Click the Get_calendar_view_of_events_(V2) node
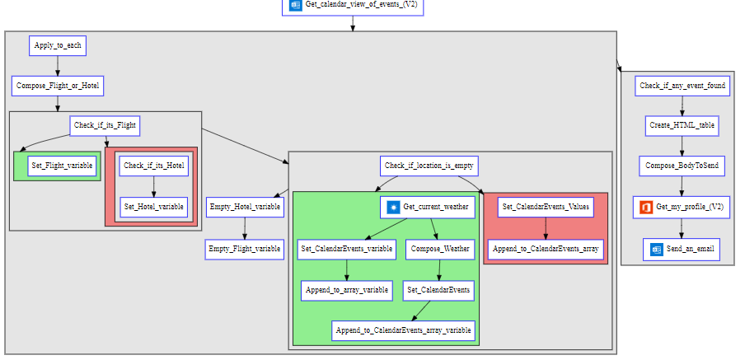(354, 5)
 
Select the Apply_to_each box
(58, 46)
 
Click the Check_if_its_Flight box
(105, 126)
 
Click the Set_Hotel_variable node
(154, 207)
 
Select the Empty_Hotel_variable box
(245, 207)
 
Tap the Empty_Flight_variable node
(245, 248)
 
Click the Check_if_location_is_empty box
(429, 166)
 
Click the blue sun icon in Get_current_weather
(393, 208)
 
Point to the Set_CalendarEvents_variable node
(346, 248)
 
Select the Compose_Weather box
(439, 248)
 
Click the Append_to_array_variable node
(346, 290)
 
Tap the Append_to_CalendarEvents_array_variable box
(404, 330)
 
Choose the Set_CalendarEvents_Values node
(546, 207)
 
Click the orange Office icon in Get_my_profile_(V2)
(646, 207)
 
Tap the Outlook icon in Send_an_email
(657, 248)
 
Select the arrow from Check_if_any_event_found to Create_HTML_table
(682, 106)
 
